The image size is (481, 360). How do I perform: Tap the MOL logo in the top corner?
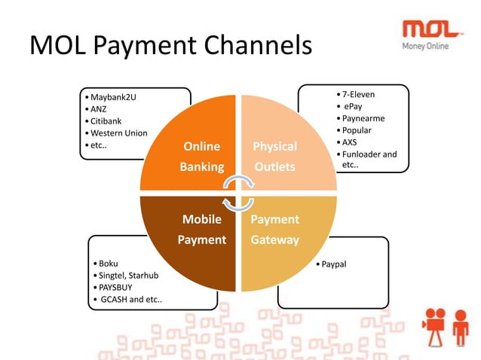[x=432, y=29]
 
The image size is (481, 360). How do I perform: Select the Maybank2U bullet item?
[x=113, y=97]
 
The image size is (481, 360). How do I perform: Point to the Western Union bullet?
[x=118, y=133]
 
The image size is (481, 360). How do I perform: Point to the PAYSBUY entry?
[x=113, y=288]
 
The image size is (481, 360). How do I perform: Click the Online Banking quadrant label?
[x=201, y=156]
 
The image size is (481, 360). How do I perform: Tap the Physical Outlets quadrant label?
[x=274, y=156]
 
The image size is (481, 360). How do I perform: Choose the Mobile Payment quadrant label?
[x=201, y=229]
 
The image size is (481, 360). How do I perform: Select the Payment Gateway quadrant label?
[x=274, y=229]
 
